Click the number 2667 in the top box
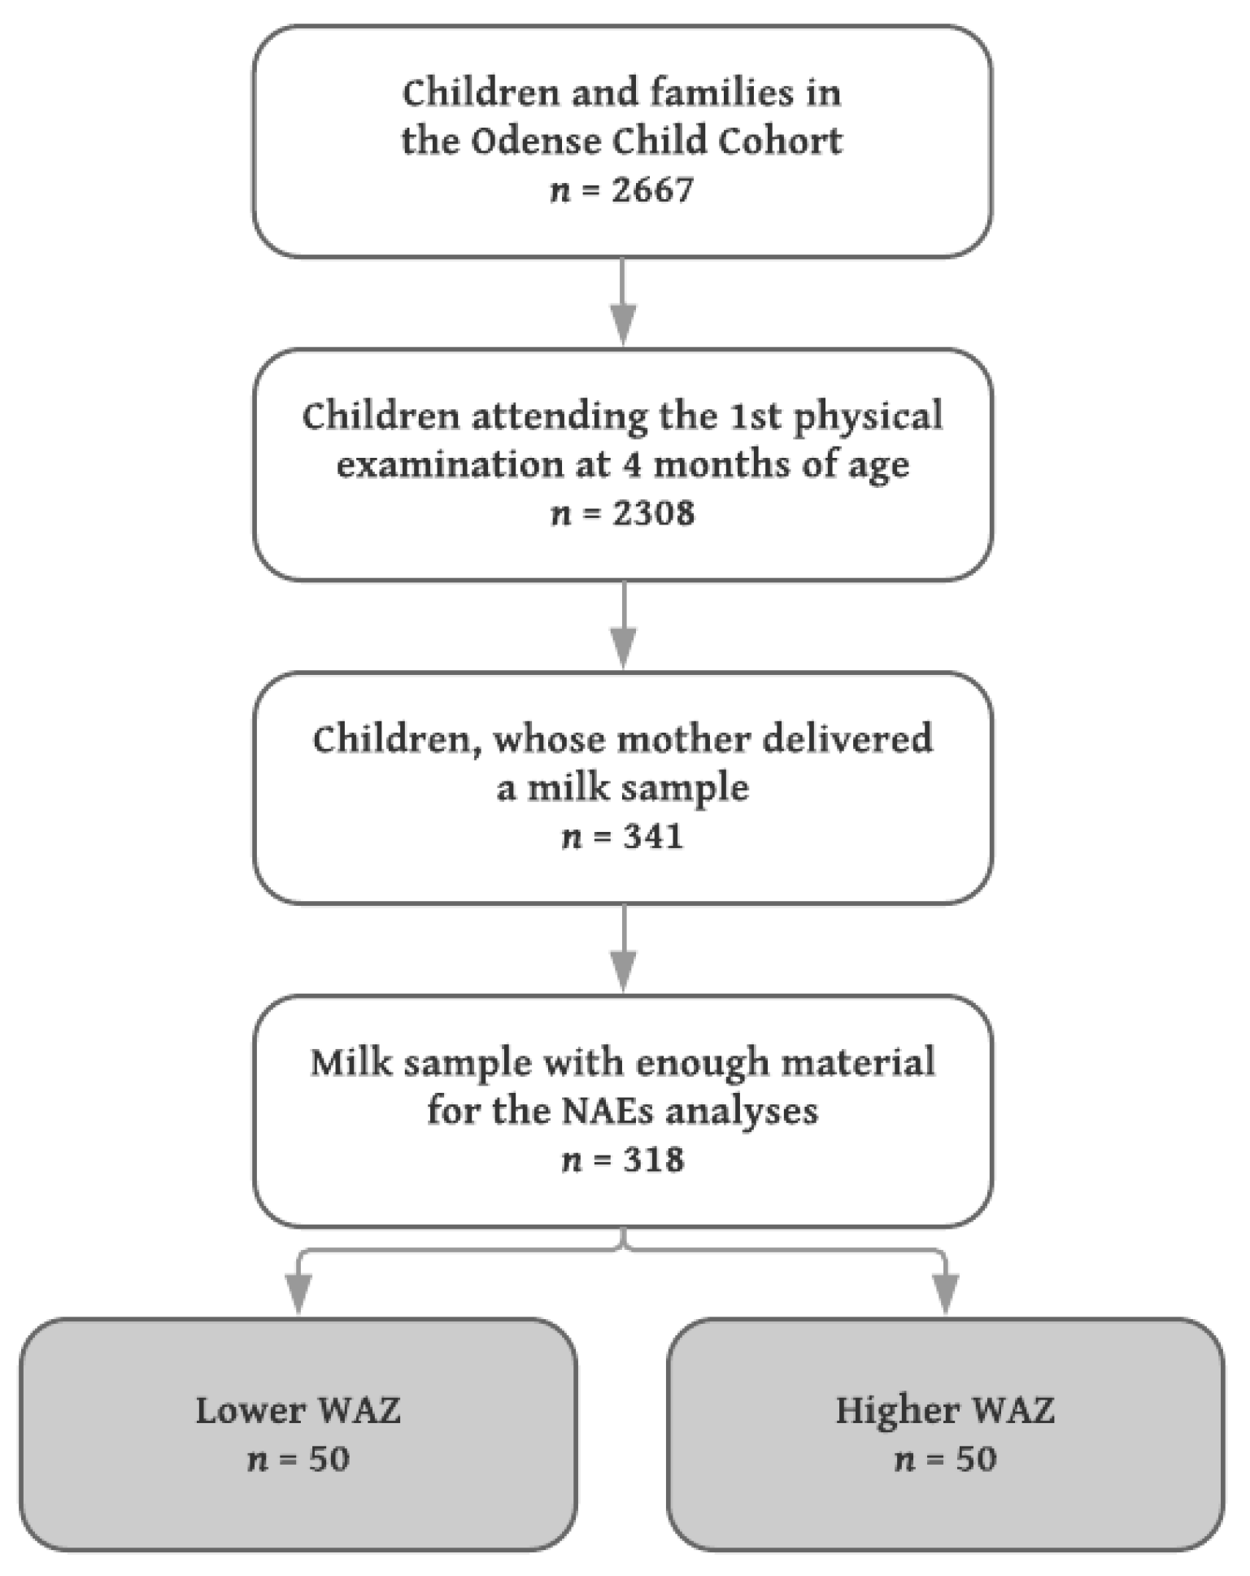click(x=653, y=190)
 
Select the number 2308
click(x=653, y=514)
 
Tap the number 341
click(x=653, y=837)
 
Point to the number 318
click(x=653, y=1160)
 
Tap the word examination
click(x=450, y=465)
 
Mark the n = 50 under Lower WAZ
click(x=298, y=1460)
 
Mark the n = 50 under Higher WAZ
click(x=945, y=1460)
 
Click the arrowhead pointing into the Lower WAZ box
click(x=298, y=1291)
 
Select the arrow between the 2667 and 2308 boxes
click(x=623, y=301)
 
